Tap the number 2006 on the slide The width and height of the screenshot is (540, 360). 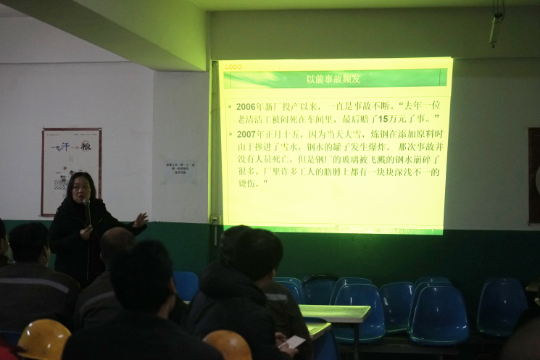point(249,106)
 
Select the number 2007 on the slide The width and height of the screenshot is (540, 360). point(249,134)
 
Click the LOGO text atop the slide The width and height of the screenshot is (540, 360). point(233,67)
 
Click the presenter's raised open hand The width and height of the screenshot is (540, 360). point(140,219)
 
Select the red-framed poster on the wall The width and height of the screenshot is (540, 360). point(71,171)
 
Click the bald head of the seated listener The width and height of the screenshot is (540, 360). point(117,243)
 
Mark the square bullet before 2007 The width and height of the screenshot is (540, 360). point(229,135)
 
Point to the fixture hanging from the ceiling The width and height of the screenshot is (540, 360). point(495,25)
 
